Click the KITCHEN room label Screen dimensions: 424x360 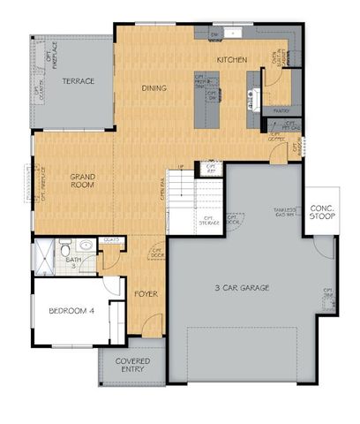pos(230,59)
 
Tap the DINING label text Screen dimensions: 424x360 pos(154,88)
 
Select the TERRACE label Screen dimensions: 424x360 pos(78,81)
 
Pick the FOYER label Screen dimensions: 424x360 pos(146,291)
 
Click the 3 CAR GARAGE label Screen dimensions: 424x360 pos(242,288)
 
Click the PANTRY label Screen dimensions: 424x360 pos(281,111)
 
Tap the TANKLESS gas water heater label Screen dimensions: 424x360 pos(282,211)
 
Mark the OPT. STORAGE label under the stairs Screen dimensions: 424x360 pos(209,221)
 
